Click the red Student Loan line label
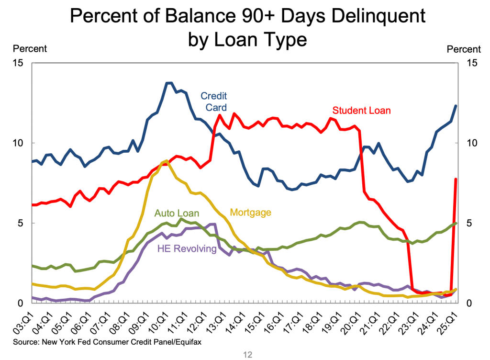[361, 111]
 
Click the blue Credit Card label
[213, 101]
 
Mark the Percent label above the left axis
[30, 48]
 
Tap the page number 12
[245, 354]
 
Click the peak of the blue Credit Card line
[169, 83]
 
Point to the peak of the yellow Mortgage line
[166, 160]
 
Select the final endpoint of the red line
[456, 179]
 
